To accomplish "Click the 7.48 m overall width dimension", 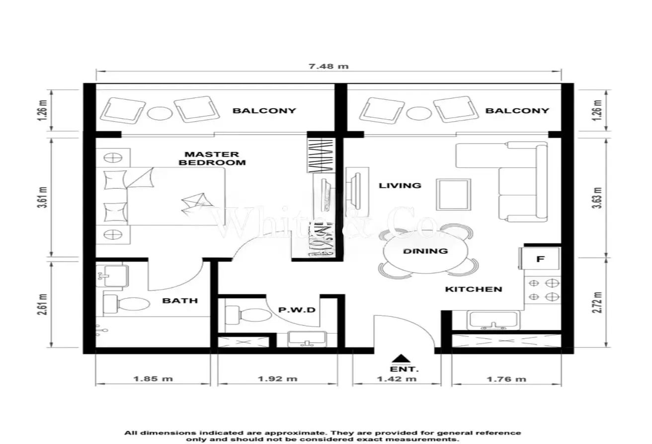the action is point(328,67).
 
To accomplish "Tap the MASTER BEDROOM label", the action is point(212,158).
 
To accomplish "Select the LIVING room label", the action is point(400,185).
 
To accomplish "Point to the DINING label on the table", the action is point(425,251).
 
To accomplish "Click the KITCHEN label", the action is point(474,289).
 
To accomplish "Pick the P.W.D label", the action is point(297,310).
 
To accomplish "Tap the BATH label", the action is point(180,300).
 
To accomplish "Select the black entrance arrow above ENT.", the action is point(401,359).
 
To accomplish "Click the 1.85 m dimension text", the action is point(153,379).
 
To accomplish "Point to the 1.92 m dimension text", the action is point(278,379).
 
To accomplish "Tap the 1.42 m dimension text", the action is point(397,379).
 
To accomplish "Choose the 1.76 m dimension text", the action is point(506,379).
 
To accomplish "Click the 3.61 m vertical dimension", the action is point(43,197).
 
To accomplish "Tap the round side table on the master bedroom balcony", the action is point(160,113).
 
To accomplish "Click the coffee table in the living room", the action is point(453,195).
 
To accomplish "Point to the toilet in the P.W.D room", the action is point(248,315).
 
